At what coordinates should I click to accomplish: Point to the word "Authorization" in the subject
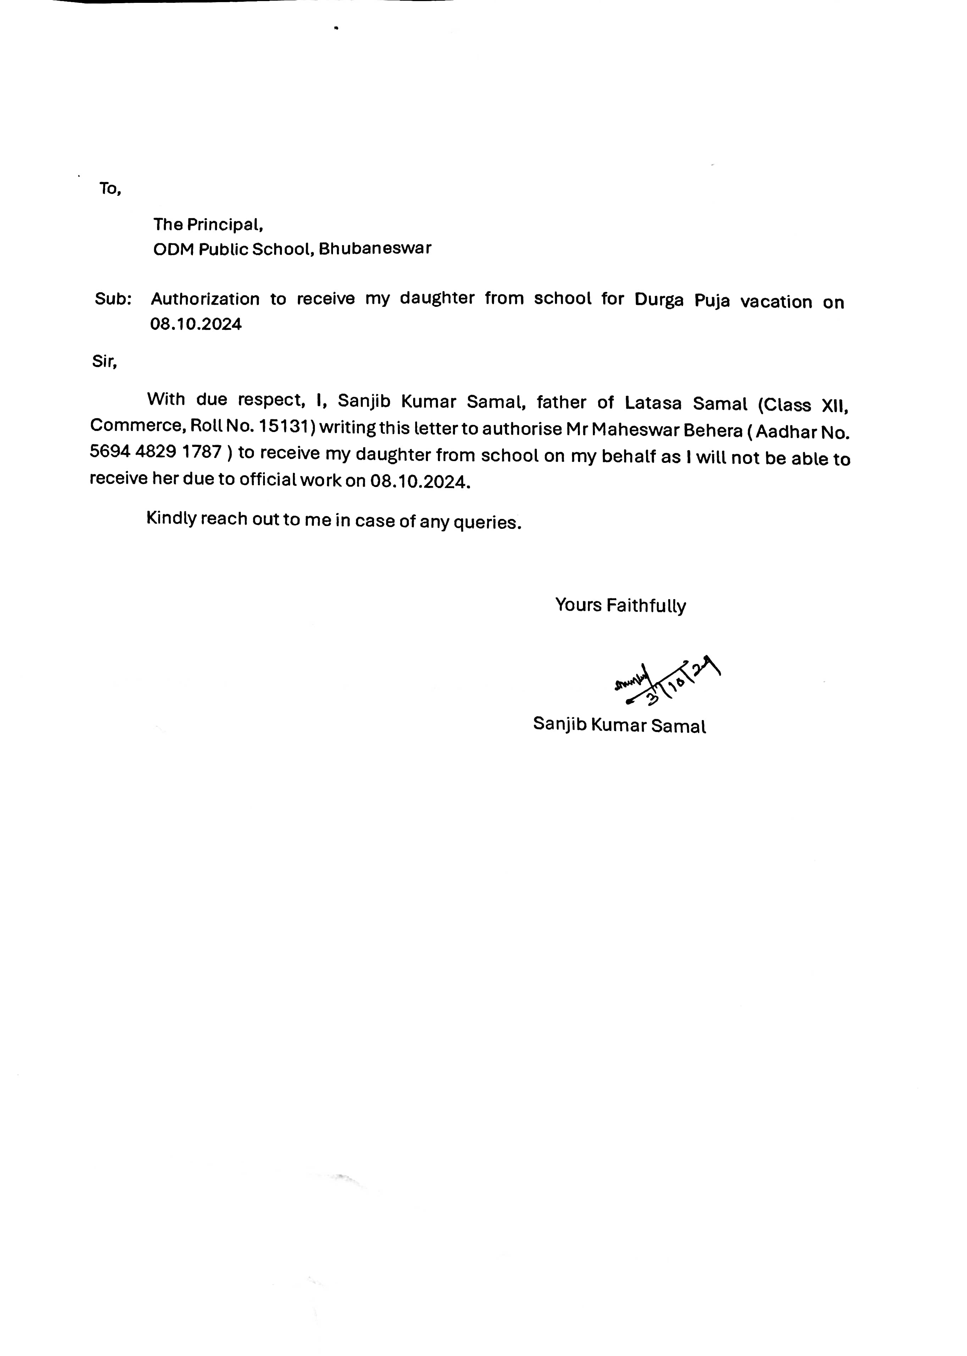pyautogui.click(x=205, y=299)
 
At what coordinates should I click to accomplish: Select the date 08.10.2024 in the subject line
pyautogui.click(x=196, y=325)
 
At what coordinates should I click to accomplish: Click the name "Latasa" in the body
pyautogui.click(x=652, y=404)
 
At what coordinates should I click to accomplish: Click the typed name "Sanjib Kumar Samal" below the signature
pyautogui.click(x=619, y=725)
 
